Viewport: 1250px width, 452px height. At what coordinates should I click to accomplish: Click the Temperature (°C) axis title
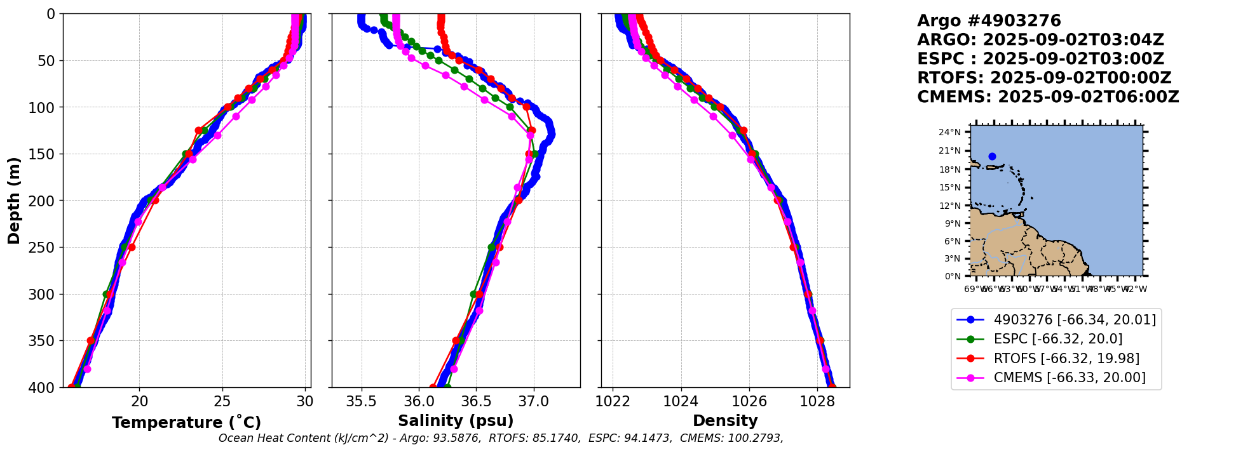186,423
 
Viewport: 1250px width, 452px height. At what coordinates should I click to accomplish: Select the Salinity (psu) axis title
456,421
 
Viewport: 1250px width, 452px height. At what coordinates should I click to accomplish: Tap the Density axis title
725,421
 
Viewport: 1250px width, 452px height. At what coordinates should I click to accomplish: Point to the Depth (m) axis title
14,201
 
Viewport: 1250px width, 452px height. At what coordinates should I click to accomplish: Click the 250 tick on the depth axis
45,248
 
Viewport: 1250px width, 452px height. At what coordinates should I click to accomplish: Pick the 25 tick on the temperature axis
222,401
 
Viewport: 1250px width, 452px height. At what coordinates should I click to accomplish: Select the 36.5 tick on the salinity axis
476,401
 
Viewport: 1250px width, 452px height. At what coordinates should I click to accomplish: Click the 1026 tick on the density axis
749,401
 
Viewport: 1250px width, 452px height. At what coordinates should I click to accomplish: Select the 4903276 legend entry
1074,320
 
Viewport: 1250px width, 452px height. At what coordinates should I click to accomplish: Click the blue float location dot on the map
992,156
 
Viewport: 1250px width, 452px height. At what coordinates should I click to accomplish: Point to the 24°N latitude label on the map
950,132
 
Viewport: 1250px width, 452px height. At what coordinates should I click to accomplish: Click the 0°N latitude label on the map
953,276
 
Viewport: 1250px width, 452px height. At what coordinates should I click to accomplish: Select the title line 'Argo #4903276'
989,21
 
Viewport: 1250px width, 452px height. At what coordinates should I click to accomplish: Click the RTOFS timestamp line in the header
1044,78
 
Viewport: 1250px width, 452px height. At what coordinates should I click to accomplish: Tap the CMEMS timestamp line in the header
1048,97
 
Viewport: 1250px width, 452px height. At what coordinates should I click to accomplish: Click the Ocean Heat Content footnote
501,438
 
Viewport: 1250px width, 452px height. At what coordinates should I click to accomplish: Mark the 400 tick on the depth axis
45,387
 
